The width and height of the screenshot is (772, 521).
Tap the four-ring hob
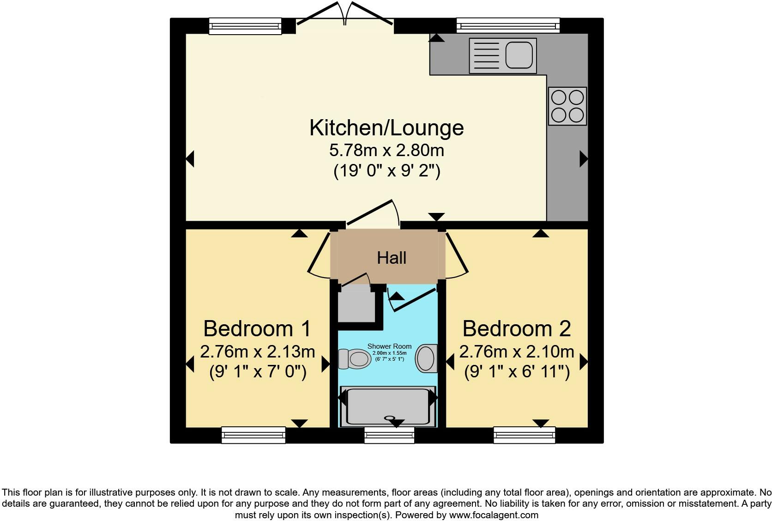(567, 106)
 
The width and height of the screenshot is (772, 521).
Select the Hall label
(392, 258)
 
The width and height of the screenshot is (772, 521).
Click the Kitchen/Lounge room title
(386, 127)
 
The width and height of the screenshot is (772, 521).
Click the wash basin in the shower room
(426, 358)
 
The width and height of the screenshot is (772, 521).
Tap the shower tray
(388, 406)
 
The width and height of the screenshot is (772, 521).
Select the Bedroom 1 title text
(257, 328)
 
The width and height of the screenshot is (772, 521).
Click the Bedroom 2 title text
(517, 328)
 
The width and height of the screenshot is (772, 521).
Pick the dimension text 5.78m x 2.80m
(386, 150)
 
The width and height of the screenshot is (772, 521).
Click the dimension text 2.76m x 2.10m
(517, 352)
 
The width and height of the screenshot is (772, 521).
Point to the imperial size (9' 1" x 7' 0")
(258, 372)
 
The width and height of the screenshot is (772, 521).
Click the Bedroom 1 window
(253, 435)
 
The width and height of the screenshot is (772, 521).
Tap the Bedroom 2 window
(524, 435)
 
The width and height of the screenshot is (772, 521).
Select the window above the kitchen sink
(508, 25)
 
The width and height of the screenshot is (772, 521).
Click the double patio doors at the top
(345, 16)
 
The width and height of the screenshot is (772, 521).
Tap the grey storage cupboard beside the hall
(356, 305)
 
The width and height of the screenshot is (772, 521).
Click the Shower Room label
(389, 346)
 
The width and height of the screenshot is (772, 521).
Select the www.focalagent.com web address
(494, 515)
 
